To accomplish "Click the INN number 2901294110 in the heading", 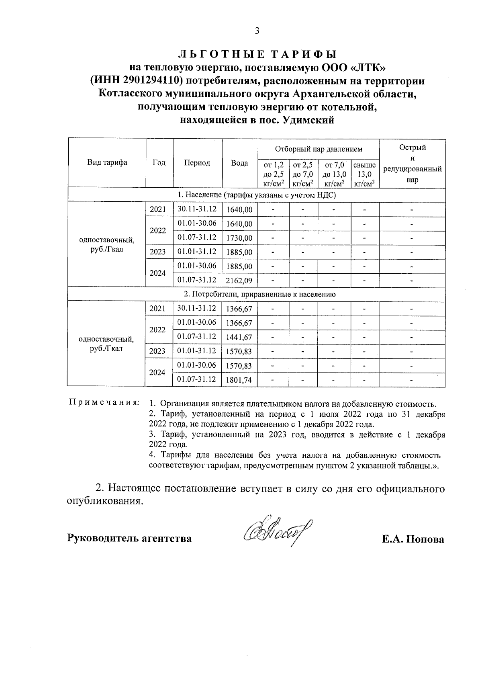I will [151, 81].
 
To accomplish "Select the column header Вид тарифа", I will [107, 163].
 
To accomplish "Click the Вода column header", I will [239, 163].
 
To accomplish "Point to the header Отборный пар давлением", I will [319, 149].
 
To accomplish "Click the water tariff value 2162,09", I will [239, 281].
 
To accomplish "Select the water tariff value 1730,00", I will [239, 238].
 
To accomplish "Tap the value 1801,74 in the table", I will [239, 380].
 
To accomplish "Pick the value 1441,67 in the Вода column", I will [239, 337].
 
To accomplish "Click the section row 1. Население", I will [256, 195].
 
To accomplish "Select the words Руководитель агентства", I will [129, 538].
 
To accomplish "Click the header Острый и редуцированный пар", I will [412, 163].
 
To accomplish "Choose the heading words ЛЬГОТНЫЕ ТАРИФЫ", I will [257, 54].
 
